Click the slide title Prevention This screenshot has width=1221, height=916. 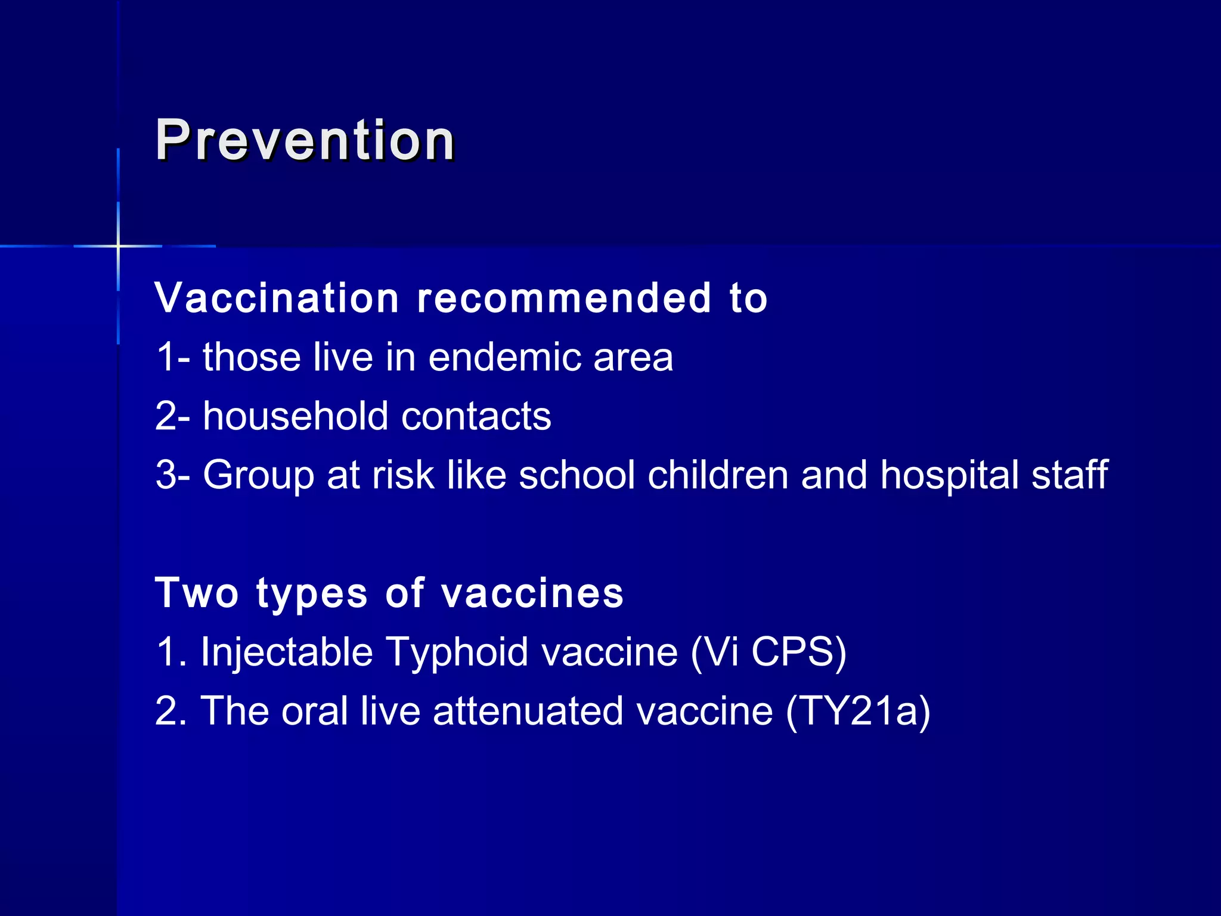coord(305,141)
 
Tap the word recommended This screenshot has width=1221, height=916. coord(564,298)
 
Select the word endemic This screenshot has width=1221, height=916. coord(504,358)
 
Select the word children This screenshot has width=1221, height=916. coord(718,475)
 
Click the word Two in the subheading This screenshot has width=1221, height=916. coord(197,593)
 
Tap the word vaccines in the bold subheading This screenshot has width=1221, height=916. coord(532,594)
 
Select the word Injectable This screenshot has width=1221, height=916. coord(287,652)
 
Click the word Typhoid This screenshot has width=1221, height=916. coord(457,652)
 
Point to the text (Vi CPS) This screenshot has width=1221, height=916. coord(768,652)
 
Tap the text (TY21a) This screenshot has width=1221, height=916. coord(857,711)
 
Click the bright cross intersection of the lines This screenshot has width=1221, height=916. coord(119,246)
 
